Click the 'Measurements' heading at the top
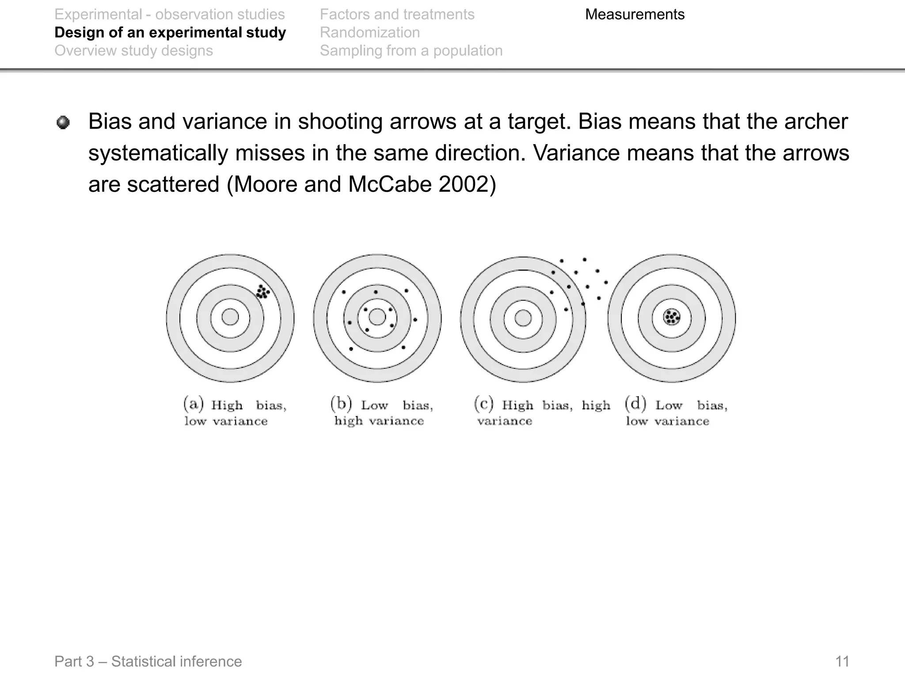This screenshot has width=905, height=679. [635, 15]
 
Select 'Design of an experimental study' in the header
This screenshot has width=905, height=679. [170, 33]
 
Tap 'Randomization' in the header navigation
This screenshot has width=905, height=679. [369, 33]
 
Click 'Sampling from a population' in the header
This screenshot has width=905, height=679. [411, 51]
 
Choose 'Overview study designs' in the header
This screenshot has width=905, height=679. [133, 51]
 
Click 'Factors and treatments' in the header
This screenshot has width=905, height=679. [397, 15]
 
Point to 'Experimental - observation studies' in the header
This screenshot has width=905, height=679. [170, 15]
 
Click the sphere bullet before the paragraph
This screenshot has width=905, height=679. [63, 122]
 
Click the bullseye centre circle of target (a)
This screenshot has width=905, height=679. [230, 317]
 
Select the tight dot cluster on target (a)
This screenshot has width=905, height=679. [262, 291]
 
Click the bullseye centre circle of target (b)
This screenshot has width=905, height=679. [377, 317]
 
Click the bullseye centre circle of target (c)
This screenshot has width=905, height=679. [523, 318]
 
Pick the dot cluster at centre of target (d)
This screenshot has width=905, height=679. [672, 317]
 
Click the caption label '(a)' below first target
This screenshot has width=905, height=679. [193, 404]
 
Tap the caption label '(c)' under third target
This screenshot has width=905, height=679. [483, 404]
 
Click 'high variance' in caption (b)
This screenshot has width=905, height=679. [379, 421]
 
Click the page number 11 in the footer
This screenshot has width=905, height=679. [842, 661]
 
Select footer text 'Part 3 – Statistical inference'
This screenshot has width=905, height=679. [148, 661]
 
